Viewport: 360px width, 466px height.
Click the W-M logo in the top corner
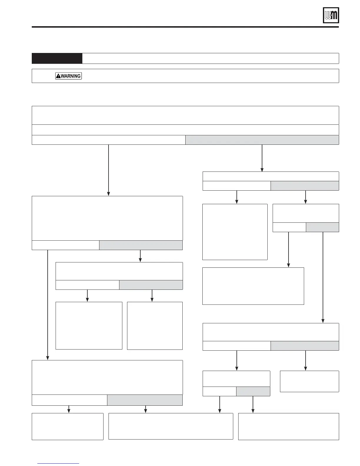331,15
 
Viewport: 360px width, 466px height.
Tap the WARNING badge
69,76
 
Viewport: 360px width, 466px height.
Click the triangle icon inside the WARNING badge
59,76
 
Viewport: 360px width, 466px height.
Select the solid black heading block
57,58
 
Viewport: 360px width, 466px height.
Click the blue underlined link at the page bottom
59,463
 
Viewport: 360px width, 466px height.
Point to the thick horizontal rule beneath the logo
185,27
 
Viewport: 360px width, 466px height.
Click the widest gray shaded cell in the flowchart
262,140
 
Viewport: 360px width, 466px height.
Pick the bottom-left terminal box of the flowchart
68,426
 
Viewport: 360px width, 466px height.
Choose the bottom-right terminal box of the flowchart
289,426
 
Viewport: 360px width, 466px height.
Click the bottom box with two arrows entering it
171,426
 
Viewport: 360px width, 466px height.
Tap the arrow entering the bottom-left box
69,409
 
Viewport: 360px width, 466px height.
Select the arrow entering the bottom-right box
253,405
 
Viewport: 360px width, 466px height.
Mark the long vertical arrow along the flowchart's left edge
47,305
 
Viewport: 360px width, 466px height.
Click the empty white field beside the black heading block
211,58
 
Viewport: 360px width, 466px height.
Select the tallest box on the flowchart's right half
235,232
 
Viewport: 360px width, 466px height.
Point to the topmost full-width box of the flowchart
185,115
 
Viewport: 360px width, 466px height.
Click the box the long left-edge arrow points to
107,377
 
